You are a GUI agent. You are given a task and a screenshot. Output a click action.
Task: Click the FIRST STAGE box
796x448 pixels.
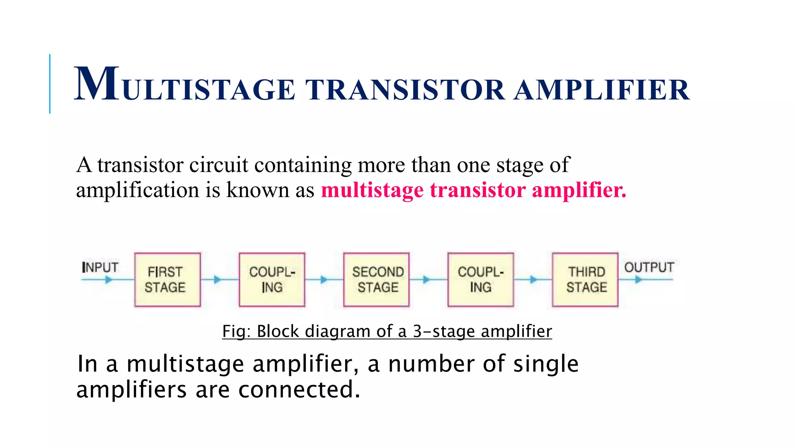168,280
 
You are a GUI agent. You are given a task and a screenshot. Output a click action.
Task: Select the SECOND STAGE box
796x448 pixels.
376,280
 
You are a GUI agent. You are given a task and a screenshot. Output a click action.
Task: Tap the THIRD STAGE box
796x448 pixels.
585,280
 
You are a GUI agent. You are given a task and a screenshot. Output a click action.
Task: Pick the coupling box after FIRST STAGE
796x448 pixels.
272,280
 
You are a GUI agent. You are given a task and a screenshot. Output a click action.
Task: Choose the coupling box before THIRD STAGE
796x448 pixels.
480,280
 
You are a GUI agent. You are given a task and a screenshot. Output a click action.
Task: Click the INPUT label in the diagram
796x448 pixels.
100,267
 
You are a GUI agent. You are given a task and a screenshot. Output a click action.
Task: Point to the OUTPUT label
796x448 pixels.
649,267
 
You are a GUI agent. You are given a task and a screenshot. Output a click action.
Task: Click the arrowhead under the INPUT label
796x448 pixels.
109,279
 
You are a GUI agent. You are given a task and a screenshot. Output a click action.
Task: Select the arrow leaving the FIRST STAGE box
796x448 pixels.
217,279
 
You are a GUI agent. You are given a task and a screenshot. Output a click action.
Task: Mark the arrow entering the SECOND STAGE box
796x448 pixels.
324,279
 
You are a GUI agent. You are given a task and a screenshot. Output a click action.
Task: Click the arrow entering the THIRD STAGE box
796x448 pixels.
534,279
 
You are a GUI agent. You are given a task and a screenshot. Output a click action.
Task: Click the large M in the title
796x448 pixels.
97,84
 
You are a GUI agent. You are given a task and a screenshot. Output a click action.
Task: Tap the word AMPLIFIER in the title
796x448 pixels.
601,90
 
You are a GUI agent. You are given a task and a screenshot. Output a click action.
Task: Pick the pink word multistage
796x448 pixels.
372,190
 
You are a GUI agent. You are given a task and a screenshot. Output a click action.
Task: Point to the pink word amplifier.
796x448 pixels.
579,190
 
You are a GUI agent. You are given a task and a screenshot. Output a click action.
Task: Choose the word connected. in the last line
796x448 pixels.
299,389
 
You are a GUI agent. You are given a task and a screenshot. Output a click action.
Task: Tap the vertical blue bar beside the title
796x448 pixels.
50,84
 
